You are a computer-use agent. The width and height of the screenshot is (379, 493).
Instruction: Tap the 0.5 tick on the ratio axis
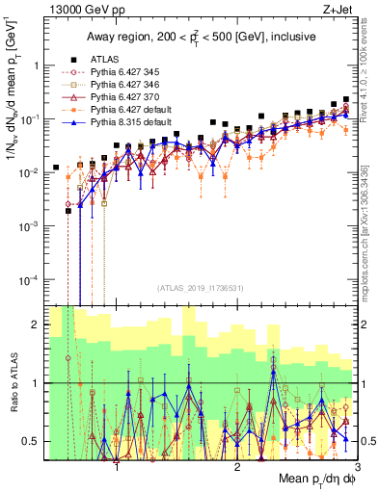point(33,441)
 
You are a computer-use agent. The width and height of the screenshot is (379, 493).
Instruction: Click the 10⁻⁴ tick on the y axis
point(32,279)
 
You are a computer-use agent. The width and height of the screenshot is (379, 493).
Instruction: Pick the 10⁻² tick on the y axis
point(32,172)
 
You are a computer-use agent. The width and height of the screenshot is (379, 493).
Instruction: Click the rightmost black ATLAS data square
point(346,98)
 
